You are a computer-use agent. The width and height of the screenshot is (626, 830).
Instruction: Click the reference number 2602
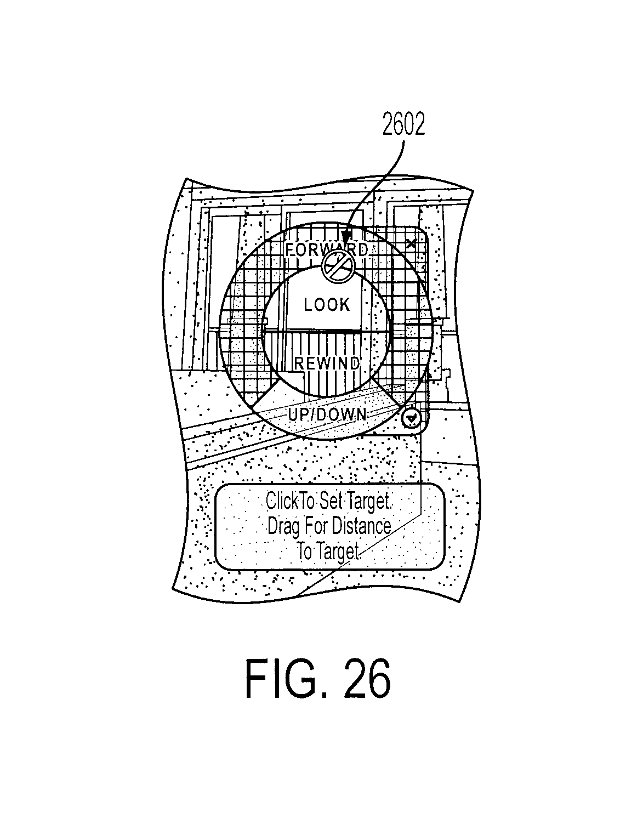click(x=403, y=124)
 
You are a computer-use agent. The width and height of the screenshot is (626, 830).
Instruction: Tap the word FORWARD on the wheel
click(x=326, y=249)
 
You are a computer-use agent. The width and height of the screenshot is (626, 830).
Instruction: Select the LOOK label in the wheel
click(x=327, y=304)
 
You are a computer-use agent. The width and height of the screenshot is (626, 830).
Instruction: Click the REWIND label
click(x=327, y=363)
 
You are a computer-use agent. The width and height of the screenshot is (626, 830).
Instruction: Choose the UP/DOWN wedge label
click(x=327, y=415)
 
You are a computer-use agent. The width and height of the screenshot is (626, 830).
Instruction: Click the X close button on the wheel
click(x=411, y=244)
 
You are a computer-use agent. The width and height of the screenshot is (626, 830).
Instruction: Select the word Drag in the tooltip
click(x=282, y=526)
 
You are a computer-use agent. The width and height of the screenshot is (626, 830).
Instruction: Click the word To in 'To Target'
click(x=304, y=552)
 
